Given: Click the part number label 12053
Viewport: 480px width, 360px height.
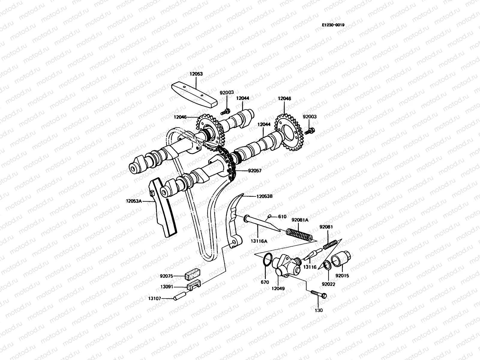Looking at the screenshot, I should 196,73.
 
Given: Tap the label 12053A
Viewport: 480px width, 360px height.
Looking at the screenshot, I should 134,201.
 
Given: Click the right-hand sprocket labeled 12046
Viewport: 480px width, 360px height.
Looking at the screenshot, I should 290,133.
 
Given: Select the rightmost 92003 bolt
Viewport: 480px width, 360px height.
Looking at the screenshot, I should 309,131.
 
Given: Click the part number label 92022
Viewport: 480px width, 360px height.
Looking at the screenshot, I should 328,284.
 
